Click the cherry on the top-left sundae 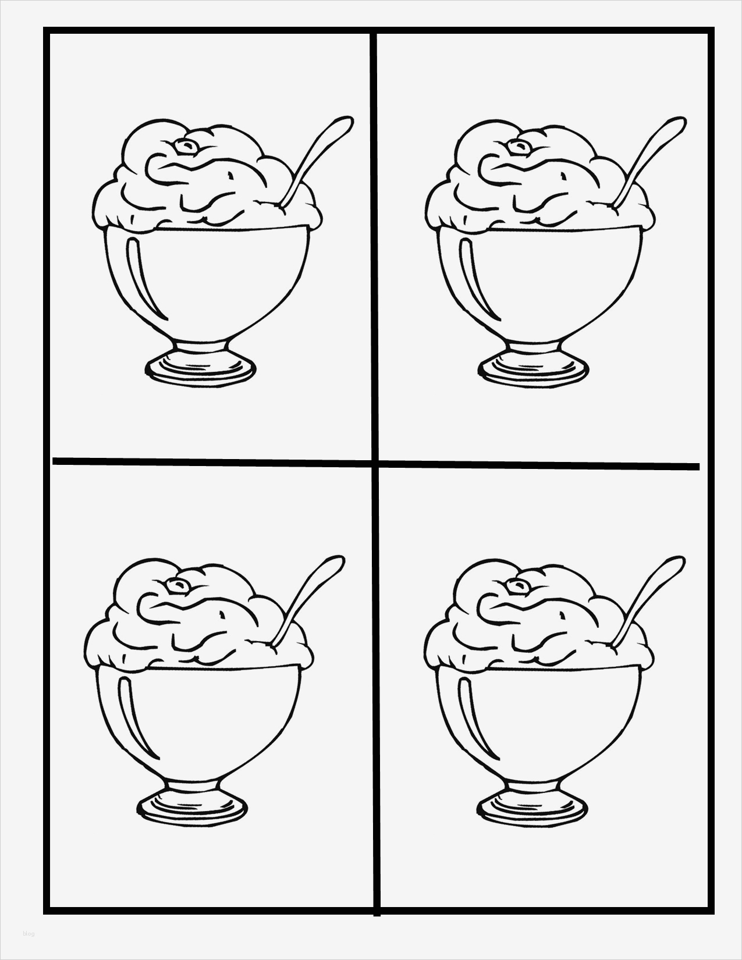point(186,145)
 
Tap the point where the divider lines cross point(375,464)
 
